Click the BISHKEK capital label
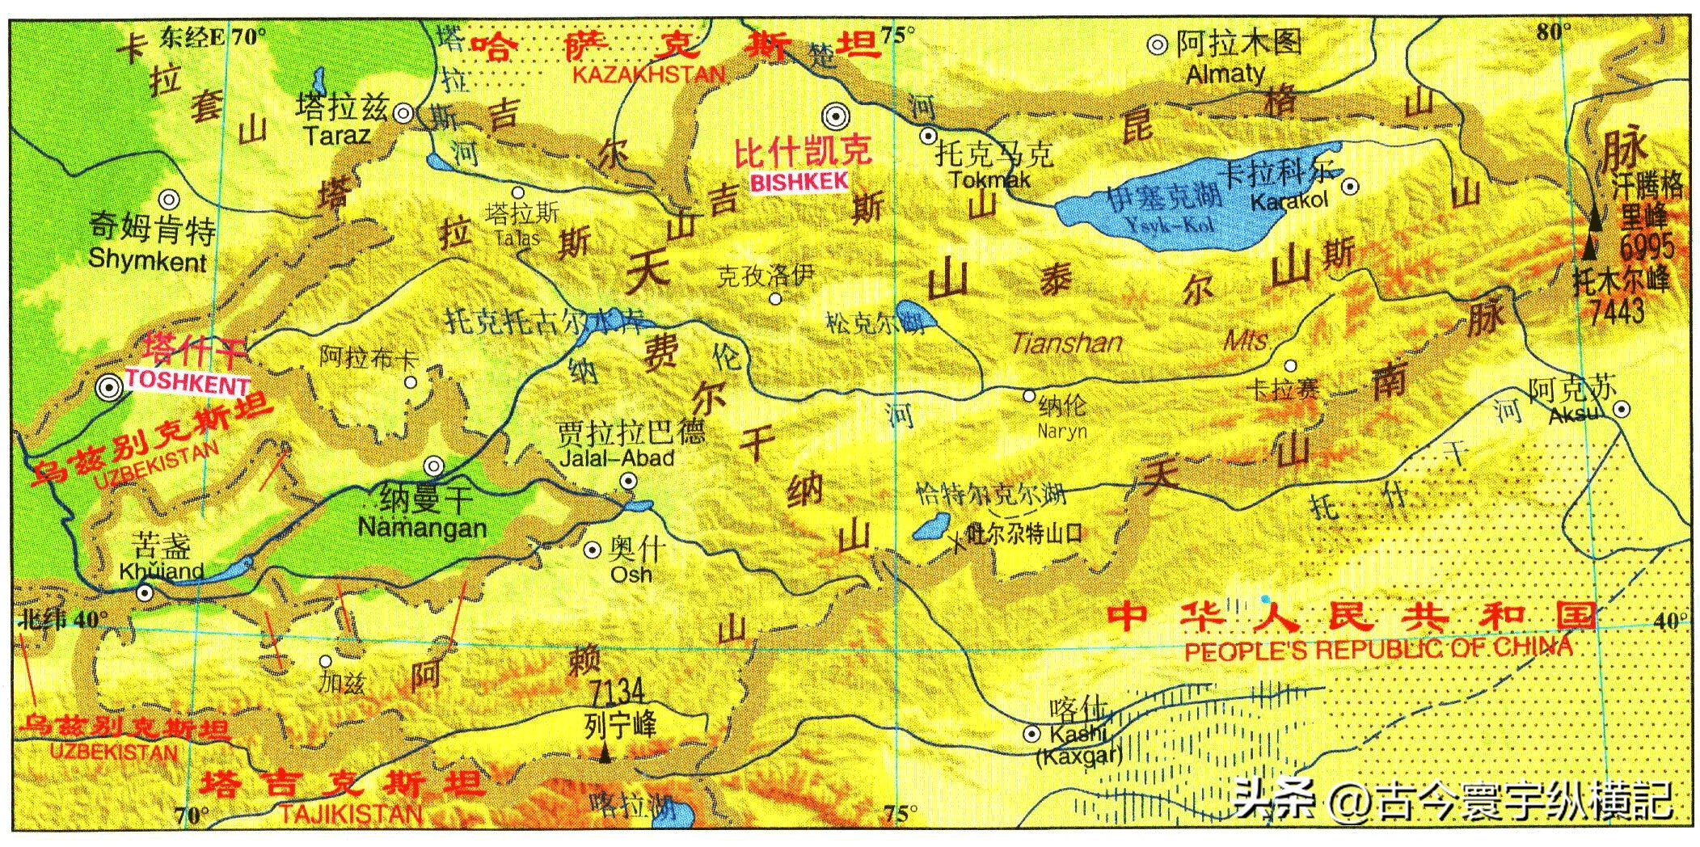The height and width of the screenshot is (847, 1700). [799, 182]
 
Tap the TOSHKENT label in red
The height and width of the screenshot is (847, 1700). [187, 381]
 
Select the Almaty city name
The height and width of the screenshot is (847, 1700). [1225, 74]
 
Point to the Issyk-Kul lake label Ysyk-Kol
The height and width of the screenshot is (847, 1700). [1171, 224]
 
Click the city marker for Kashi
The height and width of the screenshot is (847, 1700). [1031, 734]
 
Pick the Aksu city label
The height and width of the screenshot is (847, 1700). [1574, 415]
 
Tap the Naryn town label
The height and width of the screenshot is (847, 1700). [1062, 431]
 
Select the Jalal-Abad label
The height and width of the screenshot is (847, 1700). [618, 458]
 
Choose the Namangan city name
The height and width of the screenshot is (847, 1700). [422, 528]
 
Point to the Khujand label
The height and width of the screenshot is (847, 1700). [162, 571]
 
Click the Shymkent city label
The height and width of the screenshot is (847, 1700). [148, 260]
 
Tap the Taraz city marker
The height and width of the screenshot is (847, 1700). [403, 114]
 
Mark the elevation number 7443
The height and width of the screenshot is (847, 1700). [1617, 310]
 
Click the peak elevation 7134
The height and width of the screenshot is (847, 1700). [617, 692]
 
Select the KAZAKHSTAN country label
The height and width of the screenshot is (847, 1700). [649, 74]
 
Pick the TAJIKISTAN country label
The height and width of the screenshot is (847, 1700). [351, 812]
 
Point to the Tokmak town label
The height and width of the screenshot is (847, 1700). [990, 179]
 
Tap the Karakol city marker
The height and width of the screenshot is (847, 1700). [1349, 187]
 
